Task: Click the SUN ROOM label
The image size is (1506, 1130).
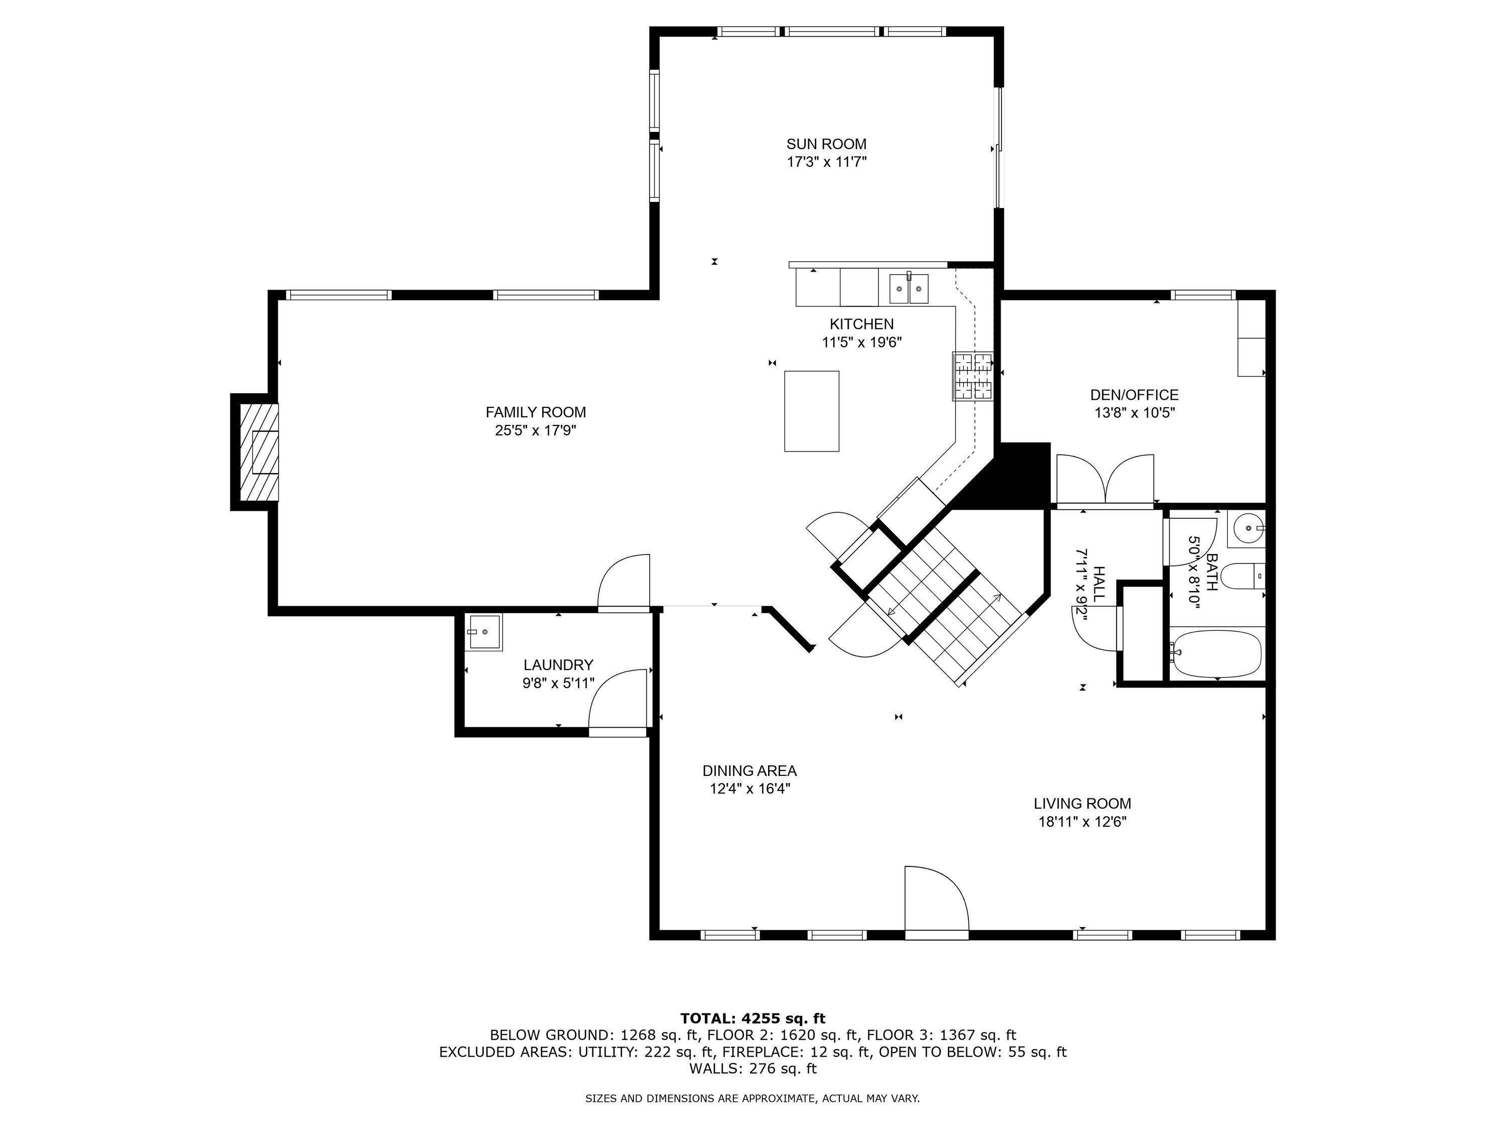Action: (x=826, y=144)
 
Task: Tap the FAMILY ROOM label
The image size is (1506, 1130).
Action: (x=535, y=412)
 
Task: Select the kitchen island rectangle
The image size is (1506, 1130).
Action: (x=812, y=411)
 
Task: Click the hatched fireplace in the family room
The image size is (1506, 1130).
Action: (x=259, y=451)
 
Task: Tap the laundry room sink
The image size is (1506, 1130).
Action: (x=484, y=632)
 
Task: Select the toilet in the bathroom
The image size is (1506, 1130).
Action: (x=1242, y=576)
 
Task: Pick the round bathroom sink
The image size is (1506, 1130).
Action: (x=1246, y=528)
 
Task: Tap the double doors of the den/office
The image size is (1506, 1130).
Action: (x=1105, y=480)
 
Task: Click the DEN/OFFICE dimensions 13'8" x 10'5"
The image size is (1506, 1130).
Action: (x=1134, y=413)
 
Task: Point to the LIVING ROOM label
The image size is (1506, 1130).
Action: (x=1082, y=804)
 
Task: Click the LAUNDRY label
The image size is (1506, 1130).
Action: (x=558, y=665)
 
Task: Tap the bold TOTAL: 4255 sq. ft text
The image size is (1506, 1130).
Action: (x=753, y=1019)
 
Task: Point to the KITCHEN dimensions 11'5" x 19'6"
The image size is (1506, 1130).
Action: (x=862, y=343)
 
